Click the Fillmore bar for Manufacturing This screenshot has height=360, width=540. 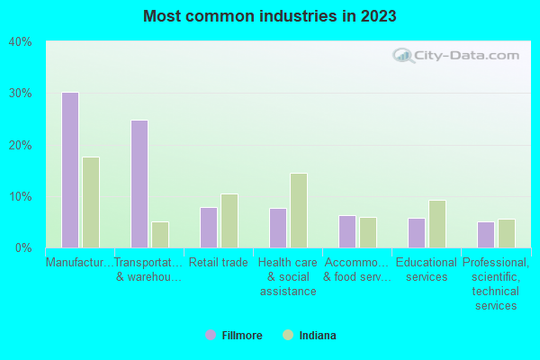69,170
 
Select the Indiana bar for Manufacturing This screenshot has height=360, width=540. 91,202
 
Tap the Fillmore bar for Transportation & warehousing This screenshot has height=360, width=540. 139,184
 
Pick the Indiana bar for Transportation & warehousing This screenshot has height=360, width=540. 160,234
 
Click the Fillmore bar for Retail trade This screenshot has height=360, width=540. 208,228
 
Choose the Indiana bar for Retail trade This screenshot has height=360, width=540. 229,220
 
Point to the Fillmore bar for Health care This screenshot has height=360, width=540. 277,228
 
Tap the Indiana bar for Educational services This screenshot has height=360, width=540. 437,224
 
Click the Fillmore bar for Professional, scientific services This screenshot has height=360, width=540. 485,234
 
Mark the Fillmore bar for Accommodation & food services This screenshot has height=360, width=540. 346,231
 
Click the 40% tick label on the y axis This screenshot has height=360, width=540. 20,41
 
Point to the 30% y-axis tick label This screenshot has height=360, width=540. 20,94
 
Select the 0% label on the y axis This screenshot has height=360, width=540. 23,247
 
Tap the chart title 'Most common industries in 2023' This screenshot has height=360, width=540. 270,16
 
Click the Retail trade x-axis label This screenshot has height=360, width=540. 219,263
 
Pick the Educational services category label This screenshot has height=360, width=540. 427,270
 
